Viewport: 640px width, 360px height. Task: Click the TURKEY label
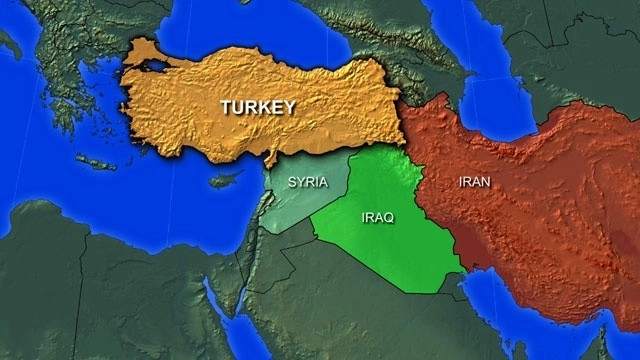point(257,107)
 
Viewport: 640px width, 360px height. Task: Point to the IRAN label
point(474,183)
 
